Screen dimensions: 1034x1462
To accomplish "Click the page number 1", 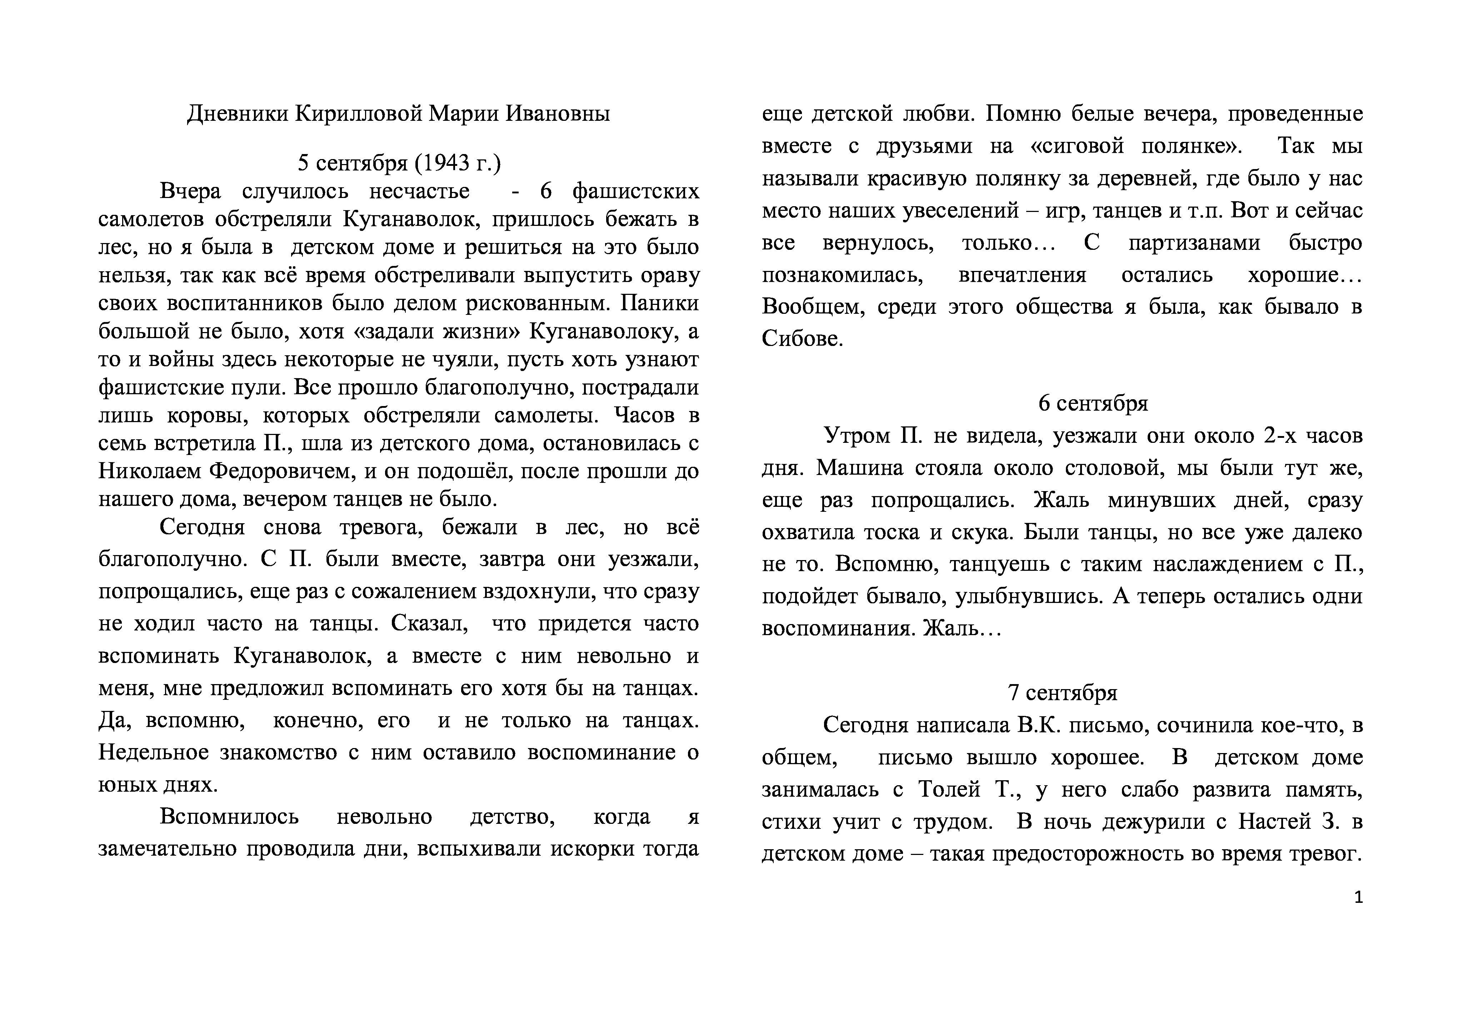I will coord(1358,898).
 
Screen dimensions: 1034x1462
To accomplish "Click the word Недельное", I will coord(153,752).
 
